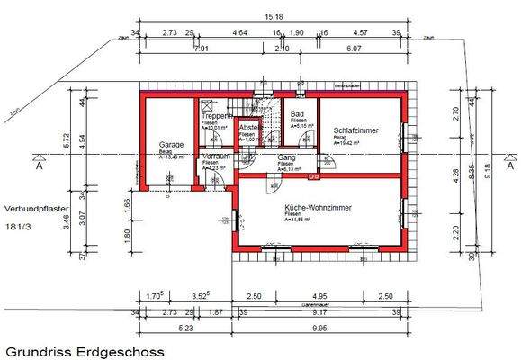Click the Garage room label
click(171, 145)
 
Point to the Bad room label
click(297, 114)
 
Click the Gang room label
click(287, 157)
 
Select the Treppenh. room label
click(219, 116)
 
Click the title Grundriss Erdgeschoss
click(85, 351)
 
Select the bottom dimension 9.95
click(319, 328)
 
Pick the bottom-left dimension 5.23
click(185, 328)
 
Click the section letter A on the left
click(39, 167)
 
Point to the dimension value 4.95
click(319, 295)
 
